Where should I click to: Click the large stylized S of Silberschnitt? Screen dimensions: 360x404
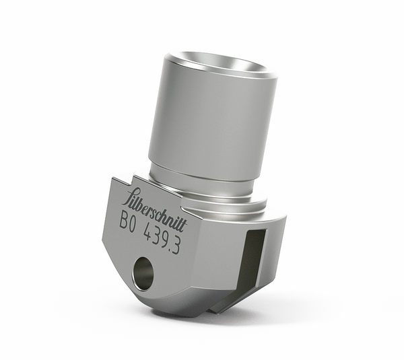(x=126, y=196)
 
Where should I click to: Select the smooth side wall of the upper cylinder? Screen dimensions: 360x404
(x=202, y=121)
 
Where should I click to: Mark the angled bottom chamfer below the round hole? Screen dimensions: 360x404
(x=162, y=303)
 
